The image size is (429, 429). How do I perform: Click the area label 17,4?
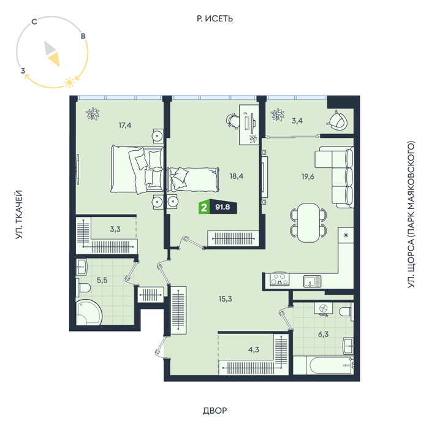coord(125,125)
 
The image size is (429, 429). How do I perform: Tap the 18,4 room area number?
coord(237,177)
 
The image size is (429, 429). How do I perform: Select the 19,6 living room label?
coord(308,177)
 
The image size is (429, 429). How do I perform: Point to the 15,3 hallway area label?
coord(225,299)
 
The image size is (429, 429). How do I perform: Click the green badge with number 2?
coord(204,207)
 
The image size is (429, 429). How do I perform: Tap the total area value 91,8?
coord(222,207)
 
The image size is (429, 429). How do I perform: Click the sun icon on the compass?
coord(69,82)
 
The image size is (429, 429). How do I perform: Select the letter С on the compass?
coord(34,21)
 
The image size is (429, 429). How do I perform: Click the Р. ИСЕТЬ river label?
coord(214,18)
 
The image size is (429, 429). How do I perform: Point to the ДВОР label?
coord(214,411)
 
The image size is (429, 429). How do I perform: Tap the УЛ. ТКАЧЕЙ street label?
coord(19,214)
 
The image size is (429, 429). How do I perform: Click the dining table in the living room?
coord(308,222)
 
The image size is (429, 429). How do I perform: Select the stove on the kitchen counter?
coord(279,279)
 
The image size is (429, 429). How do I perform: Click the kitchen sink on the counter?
coord(312,281)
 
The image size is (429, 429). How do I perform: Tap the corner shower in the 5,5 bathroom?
coord(89,313)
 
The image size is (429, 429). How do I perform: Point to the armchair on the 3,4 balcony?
coord(337,120)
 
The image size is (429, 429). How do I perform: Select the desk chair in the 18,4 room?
coord(233,121)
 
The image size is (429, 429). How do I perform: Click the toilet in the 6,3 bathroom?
coord(346,311)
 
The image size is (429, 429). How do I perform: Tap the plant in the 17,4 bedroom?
coord(93,114)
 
